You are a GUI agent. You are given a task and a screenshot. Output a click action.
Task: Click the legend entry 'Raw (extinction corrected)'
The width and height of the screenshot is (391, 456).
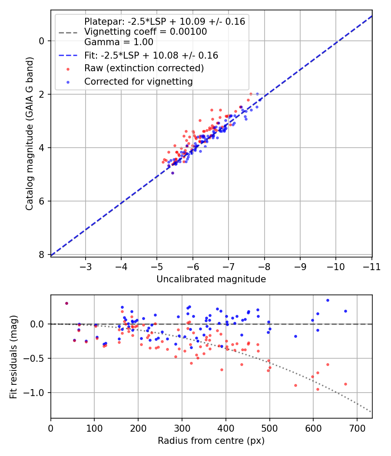point(144,68)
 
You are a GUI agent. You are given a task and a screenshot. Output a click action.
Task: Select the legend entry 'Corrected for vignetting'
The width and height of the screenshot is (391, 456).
point(138,81)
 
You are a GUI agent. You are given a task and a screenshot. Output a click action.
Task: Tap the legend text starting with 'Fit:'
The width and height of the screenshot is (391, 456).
point(151,56)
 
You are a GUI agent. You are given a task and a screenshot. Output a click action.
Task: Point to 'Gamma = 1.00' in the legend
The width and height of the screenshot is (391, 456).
point(119,42)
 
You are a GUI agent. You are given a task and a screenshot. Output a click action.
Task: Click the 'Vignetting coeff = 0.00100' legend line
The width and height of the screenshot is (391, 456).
point(146,32)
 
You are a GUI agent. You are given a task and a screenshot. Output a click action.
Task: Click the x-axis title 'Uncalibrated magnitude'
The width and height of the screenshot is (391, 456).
point(211,279)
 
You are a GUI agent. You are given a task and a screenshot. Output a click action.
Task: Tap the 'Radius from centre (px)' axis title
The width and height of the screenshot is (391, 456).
point(211,441)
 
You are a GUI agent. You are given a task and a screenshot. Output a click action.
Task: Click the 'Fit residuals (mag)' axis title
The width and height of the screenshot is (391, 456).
point(14,357)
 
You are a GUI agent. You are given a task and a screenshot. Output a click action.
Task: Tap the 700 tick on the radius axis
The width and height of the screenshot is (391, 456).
point(357,428)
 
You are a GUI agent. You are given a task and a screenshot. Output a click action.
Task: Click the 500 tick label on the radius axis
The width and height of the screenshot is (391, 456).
point(269,428)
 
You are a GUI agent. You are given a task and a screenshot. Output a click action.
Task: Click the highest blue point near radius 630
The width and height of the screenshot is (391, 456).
point(328,300)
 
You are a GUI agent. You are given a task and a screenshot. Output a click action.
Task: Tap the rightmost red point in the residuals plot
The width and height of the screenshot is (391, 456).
point(345,384)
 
